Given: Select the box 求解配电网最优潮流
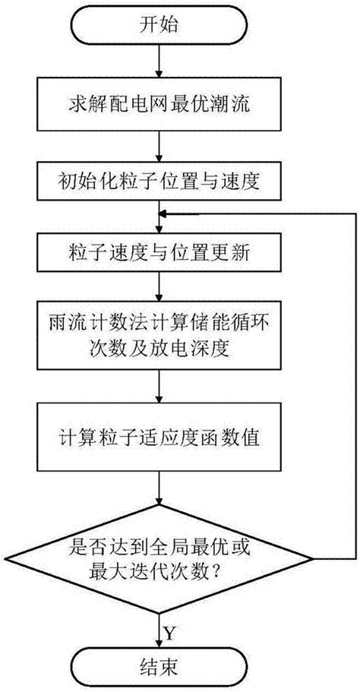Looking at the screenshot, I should (x=157, y=104).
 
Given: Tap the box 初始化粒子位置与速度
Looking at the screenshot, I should (x=157, y=182).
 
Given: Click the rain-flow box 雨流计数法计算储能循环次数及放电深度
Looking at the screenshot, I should (x=157, y=336).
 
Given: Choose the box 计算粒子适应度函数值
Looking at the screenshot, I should (x=157, y=438).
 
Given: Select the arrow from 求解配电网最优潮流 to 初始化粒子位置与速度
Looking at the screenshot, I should (x=157, y=144).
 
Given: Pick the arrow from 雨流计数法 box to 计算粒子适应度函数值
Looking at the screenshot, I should (x=157, y=388).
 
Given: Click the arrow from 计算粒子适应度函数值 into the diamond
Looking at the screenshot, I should (x=157, y=487).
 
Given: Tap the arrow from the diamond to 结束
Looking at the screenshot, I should (x=157, y=623).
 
